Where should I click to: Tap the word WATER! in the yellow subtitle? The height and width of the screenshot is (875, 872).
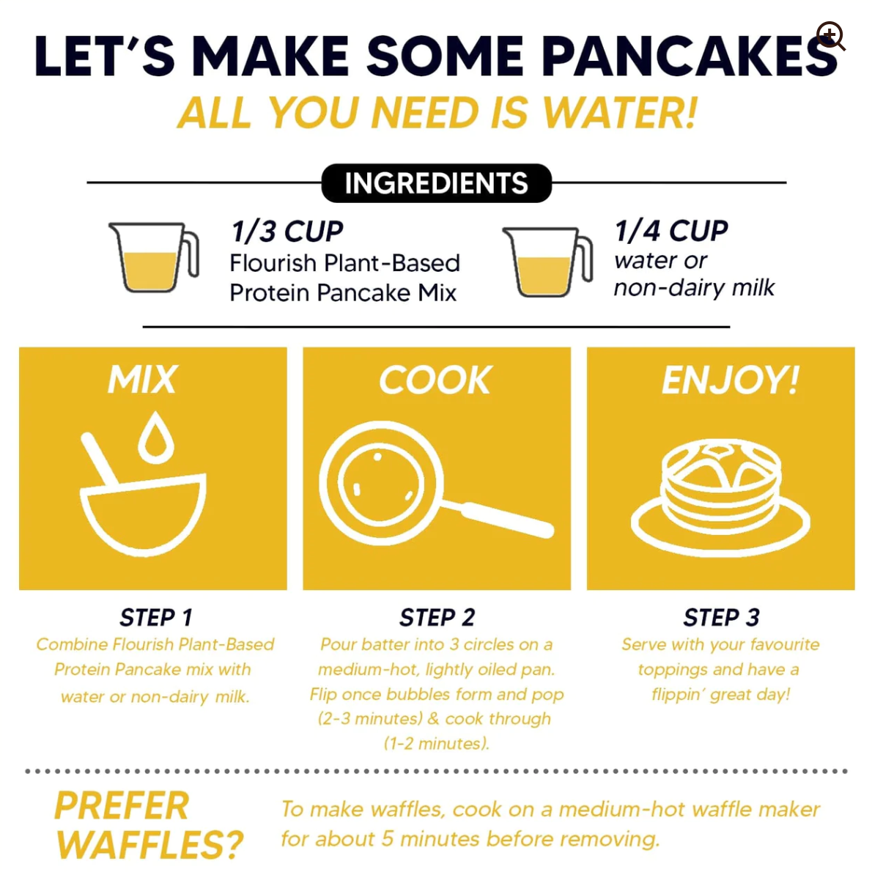pos(620,114)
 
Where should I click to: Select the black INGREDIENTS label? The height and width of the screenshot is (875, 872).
pos(436,183)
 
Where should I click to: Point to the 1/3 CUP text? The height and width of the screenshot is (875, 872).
pos(287,232)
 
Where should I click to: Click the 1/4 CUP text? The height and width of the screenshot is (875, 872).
pos(671,231)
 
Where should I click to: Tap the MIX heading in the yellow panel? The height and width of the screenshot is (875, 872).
pos(143,380)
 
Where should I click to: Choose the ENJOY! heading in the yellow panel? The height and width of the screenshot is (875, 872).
pos(730,380)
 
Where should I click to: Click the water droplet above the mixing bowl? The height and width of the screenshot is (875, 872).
pos(156,438)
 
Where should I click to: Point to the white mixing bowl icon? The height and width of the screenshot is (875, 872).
pos(144,513)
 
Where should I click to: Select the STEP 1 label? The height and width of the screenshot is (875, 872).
pos(156,618)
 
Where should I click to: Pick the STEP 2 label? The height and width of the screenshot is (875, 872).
pos(437,618)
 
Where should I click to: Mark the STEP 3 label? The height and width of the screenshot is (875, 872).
pos(721,618)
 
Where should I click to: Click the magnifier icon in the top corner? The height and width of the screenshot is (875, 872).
pos(831,35)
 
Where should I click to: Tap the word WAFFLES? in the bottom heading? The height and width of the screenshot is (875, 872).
pos(149,845)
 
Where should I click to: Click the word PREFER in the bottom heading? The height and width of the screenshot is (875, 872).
pos(122,806)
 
